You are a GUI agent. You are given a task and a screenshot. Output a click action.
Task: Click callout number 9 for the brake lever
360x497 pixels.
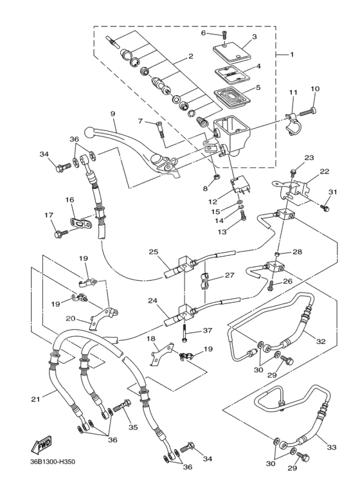coord(113,114)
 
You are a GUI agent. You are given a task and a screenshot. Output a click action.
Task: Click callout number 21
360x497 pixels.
coord(36,399)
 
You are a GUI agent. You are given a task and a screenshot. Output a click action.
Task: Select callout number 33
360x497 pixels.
coord(332,447)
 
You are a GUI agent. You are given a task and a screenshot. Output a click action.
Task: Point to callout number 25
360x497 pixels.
coord(153,251)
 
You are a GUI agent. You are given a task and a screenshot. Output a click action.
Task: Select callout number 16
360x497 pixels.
coord(69,201)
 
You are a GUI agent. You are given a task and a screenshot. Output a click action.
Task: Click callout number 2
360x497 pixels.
coord(191,57)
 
